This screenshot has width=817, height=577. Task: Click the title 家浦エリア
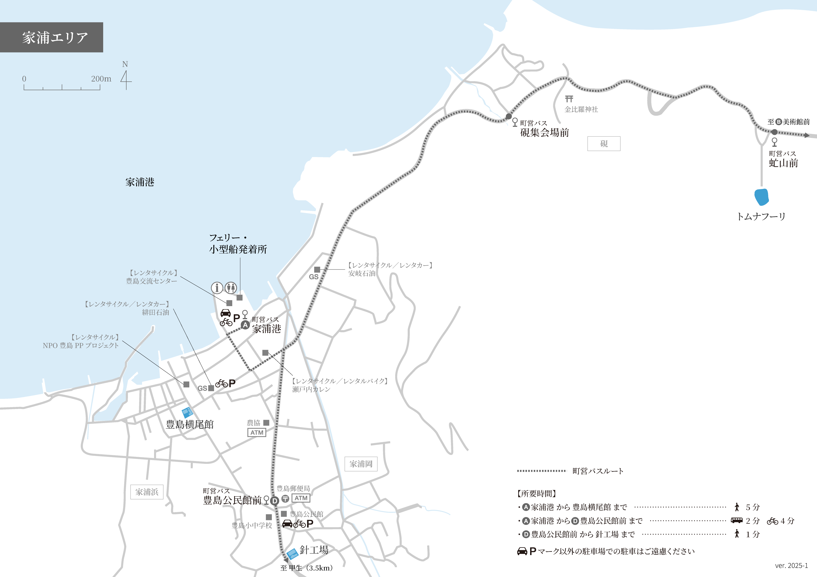point(55,37)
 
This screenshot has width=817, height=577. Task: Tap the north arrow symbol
point(126,80)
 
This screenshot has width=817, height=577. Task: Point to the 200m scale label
point(101,79)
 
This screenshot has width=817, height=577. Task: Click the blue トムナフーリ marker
point(761,197)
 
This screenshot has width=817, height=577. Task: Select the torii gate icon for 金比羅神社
point(569,98)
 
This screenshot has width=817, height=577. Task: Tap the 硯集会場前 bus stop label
point(544,133)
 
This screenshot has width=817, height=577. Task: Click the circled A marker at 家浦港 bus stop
point(245,325)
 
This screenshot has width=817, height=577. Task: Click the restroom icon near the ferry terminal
point(231,287)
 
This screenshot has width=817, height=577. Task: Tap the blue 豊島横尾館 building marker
point(187,412)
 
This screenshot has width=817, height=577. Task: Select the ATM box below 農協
point(257,433)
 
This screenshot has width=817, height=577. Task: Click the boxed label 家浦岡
point(361,464)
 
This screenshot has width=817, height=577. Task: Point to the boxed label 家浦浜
point(147,492)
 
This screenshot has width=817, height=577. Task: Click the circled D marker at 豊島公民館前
point(274,501)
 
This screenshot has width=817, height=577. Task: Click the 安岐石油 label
point(362,273)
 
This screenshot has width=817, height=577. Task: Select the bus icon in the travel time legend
point(736,521)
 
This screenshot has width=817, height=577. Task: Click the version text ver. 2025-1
point(791,565)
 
